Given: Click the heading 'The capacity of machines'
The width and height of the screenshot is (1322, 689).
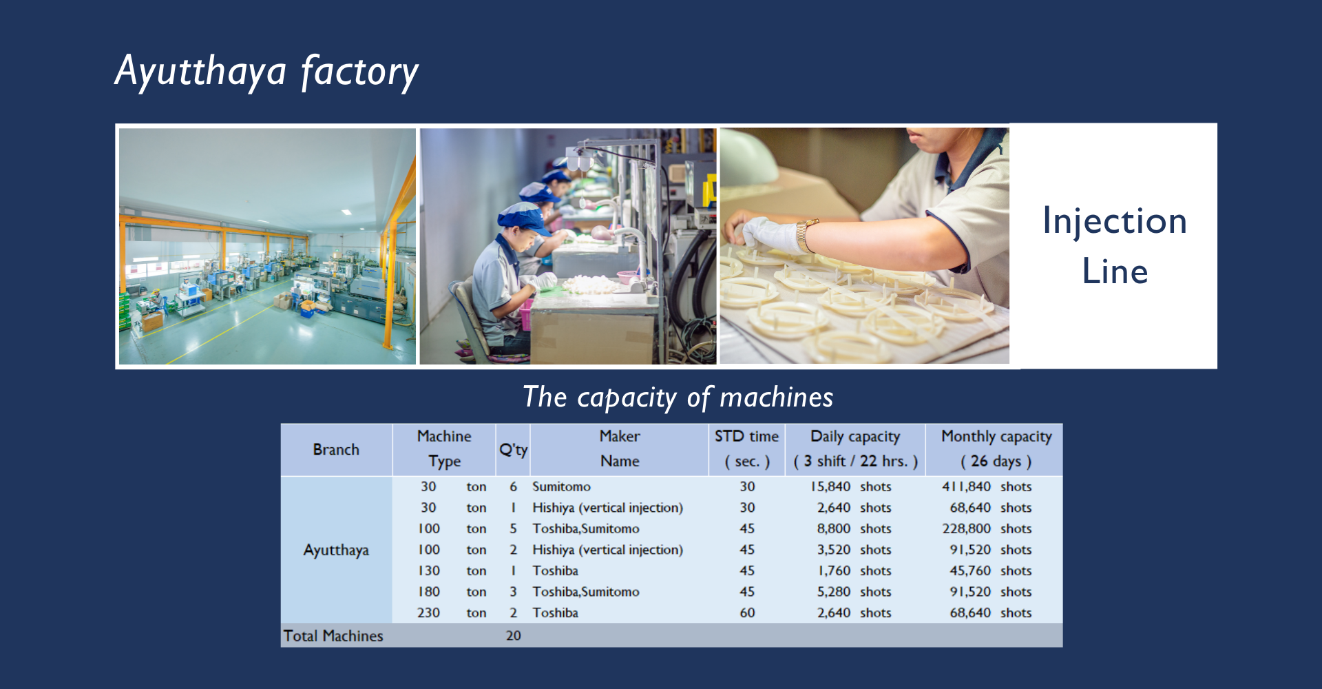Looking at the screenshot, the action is pyautogui.click(x=678, y=398).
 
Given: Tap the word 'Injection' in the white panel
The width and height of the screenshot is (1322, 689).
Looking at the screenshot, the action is pyautogui.click(x=1115, y=222).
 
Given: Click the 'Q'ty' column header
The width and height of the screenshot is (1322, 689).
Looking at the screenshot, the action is pyautogui.click(x=513, y=450).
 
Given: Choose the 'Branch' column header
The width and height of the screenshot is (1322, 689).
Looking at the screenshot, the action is pyautogui.click(x=336, y=449).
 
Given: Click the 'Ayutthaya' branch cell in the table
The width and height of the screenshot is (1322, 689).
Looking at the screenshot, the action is pyautogui.click(x=336, y=550).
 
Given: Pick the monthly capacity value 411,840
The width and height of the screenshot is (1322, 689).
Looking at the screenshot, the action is pyautogui.click(x=967, y=486).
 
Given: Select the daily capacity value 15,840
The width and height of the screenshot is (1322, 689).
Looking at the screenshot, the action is pyautogui.click(x=830, y=486).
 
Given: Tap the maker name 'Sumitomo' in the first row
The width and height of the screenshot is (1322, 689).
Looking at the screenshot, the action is pyautogui.click(x=561, y=486).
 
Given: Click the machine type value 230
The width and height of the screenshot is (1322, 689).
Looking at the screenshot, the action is pyautogui.click(x=428, y=613).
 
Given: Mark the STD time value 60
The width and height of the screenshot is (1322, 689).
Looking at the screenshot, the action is pyautogui.click(x=747, y=613).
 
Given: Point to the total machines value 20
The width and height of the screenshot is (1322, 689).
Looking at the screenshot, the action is pyautogui.click(x=513, y=635).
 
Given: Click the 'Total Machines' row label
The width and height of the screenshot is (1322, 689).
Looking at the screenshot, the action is pyautogui.click(x=333, y=635).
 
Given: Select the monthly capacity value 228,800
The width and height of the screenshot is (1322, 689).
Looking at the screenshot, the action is pyautogui.click(x=967, y=528).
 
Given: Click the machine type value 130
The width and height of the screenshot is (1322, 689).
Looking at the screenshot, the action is pyautogui.click(x=428, y=570).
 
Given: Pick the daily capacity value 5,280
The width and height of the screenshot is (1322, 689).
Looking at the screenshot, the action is pyautogui.click(x=834, y=592).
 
